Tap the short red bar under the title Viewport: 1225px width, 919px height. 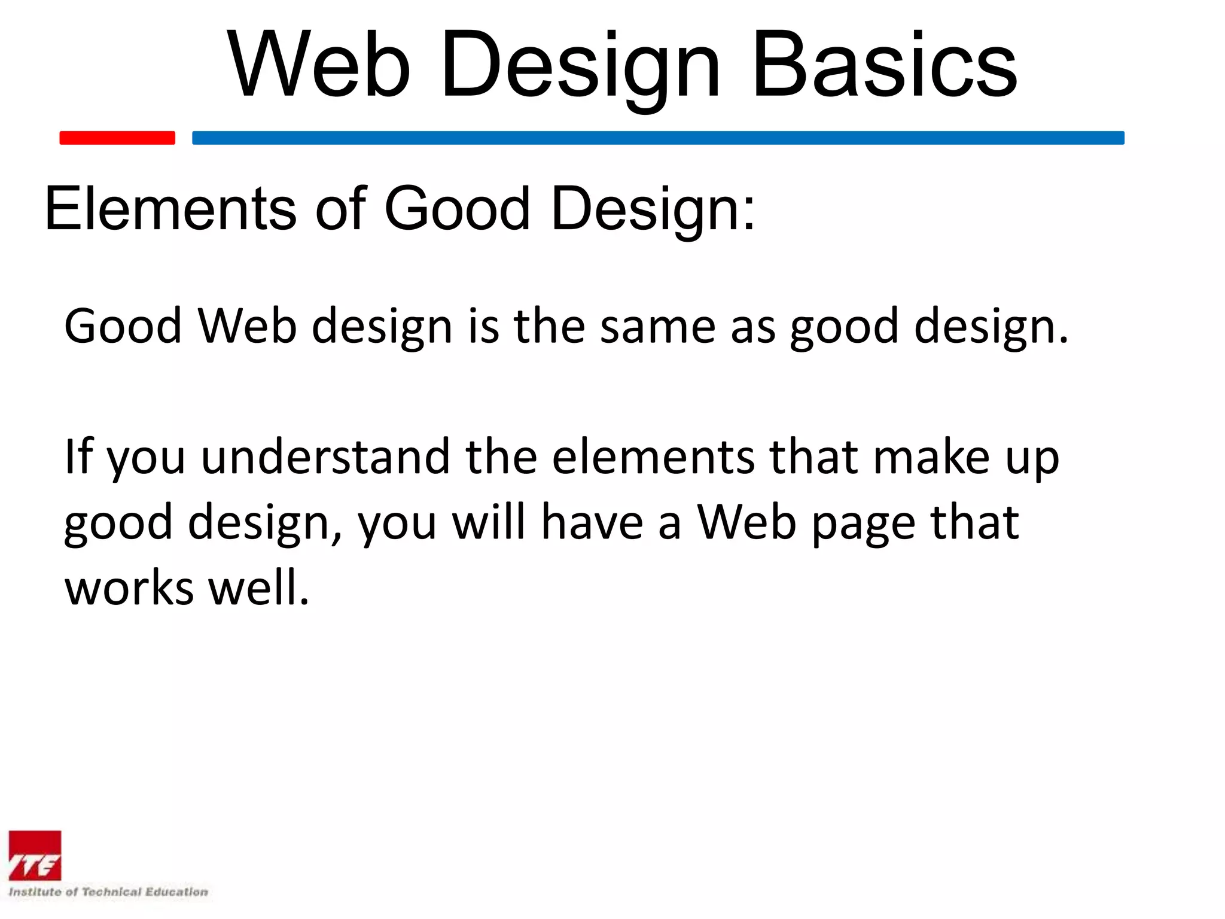[117, 138]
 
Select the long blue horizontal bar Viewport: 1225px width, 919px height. [658, 138]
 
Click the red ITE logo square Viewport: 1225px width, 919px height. [35, 856]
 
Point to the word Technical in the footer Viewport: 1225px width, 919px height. [111, 892]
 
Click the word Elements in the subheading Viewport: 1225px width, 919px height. [170, 208]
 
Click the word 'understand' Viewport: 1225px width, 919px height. [325, 457]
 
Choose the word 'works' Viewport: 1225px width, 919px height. [129, 588]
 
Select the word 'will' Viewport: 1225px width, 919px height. [488, 522]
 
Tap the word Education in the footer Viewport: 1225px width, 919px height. [177, 892]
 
